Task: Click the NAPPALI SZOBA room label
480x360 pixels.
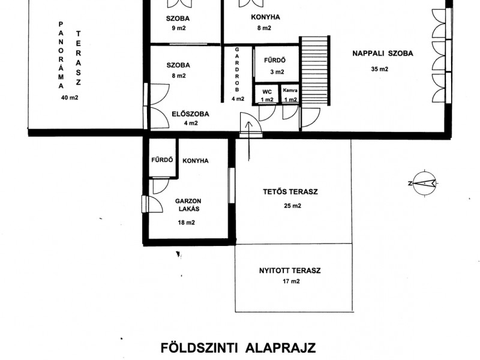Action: coord(383,53)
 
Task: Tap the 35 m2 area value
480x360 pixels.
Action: coord(380,69)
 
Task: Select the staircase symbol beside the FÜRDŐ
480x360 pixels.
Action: coord(314,71)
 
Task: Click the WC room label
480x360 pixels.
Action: coord(267,92)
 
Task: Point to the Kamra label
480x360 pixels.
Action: coord(290,91)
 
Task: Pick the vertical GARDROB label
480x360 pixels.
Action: coord(237,70)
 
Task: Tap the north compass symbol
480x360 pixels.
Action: coord(424,184)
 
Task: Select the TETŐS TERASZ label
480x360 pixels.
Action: coord(290,192)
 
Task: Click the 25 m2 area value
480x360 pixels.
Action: coord(292,206)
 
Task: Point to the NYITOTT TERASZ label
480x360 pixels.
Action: coord(290,271)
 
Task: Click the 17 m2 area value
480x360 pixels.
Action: coord(291,281)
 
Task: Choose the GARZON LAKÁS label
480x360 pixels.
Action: coord(188,205)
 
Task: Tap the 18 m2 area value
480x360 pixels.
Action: coord(186,223)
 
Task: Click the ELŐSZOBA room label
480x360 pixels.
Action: coord(190,114)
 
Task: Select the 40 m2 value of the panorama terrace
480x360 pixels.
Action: coord(70,98)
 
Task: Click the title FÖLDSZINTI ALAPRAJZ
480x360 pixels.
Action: coord(238,348)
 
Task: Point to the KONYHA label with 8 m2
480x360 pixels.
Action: coord(265,17)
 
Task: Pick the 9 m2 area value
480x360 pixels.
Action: coord(179,28)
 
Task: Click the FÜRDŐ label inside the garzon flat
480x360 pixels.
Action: coord(162,160)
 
